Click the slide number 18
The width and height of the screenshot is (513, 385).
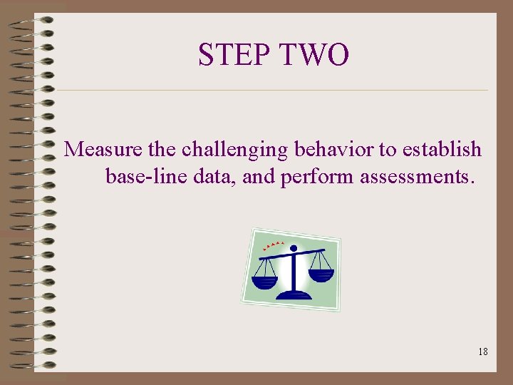click(x=483, y=351)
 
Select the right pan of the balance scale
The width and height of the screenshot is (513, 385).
click(x=321, y=274)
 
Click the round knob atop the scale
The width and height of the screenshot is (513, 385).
click(x=293, y=249)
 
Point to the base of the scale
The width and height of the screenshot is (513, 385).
click(x=294, y=293)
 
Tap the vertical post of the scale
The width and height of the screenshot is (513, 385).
click(x=294, y=271)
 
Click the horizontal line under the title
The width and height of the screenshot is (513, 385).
click(x=271, y=91)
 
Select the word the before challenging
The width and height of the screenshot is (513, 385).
click(x=164, y=150)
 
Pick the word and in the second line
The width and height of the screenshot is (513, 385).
click(x=259, y=175)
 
